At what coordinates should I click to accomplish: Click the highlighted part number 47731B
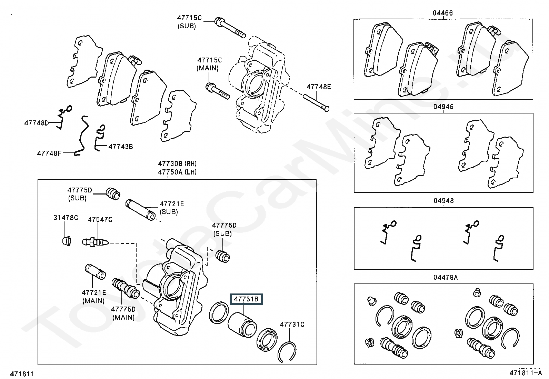coord(246,299)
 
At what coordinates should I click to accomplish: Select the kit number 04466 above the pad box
coord(443,13)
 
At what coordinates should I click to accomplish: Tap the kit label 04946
coord(443,107)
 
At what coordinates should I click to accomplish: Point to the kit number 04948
coord(443,200)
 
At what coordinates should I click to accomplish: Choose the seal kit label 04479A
coord(446,277)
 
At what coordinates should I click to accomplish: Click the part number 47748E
coord(319,87)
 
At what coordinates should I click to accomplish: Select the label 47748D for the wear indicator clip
coord(37,123)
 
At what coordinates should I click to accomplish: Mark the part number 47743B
coord(121,147)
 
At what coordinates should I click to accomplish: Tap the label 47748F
coord(49,153)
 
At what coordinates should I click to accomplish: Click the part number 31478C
coord(66,218)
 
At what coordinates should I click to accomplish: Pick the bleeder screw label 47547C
coord(100,219)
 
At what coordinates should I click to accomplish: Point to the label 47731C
coord(292,324)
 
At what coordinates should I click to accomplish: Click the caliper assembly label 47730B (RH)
coord(177,163)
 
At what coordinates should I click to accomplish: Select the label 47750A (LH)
coord(177,172)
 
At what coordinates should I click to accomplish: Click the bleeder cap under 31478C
coord(67,241)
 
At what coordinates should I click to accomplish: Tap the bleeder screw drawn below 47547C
coord(95,242)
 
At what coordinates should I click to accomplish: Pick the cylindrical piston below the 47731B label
coord(242,325)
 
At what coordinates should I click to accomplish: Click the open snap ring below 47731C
coord(287,351)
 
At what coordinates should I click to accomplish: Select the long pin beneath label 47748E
coord(316,102)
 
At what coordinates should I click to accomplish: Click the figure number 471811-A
coord(526,373)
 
